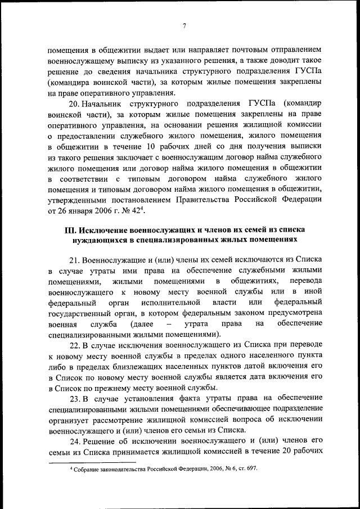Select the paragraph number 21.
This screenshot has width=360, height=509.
click(x=74, y=260)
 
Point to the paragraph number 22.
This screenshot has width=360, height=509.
click(x=74, y=346)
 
